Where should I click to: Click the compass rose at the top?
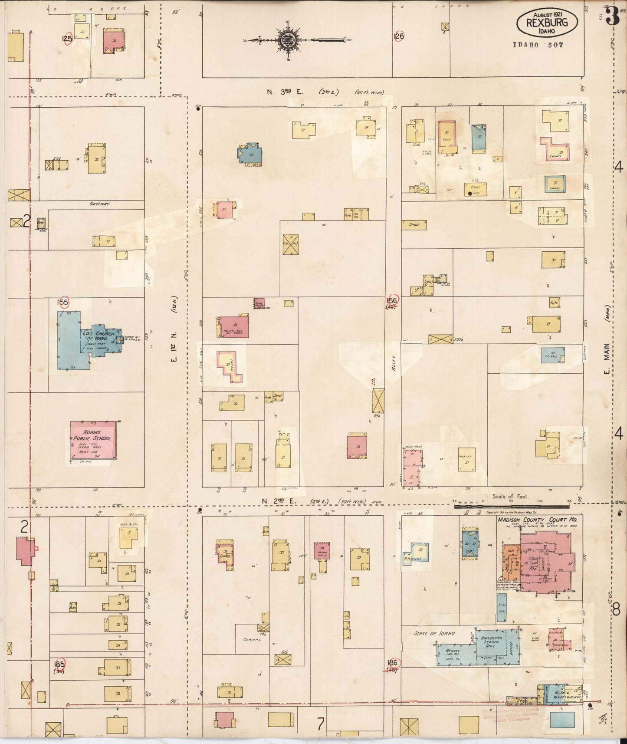pos(287,41)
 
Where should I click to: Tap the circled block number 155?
pos(63,302)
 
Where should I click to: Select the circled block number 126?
pos(399,36)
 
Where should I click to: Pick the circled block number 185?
pos(59,665)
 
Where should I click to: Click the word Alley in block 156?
pos(394,362)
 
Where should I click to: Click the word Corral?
pos(252,640)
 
